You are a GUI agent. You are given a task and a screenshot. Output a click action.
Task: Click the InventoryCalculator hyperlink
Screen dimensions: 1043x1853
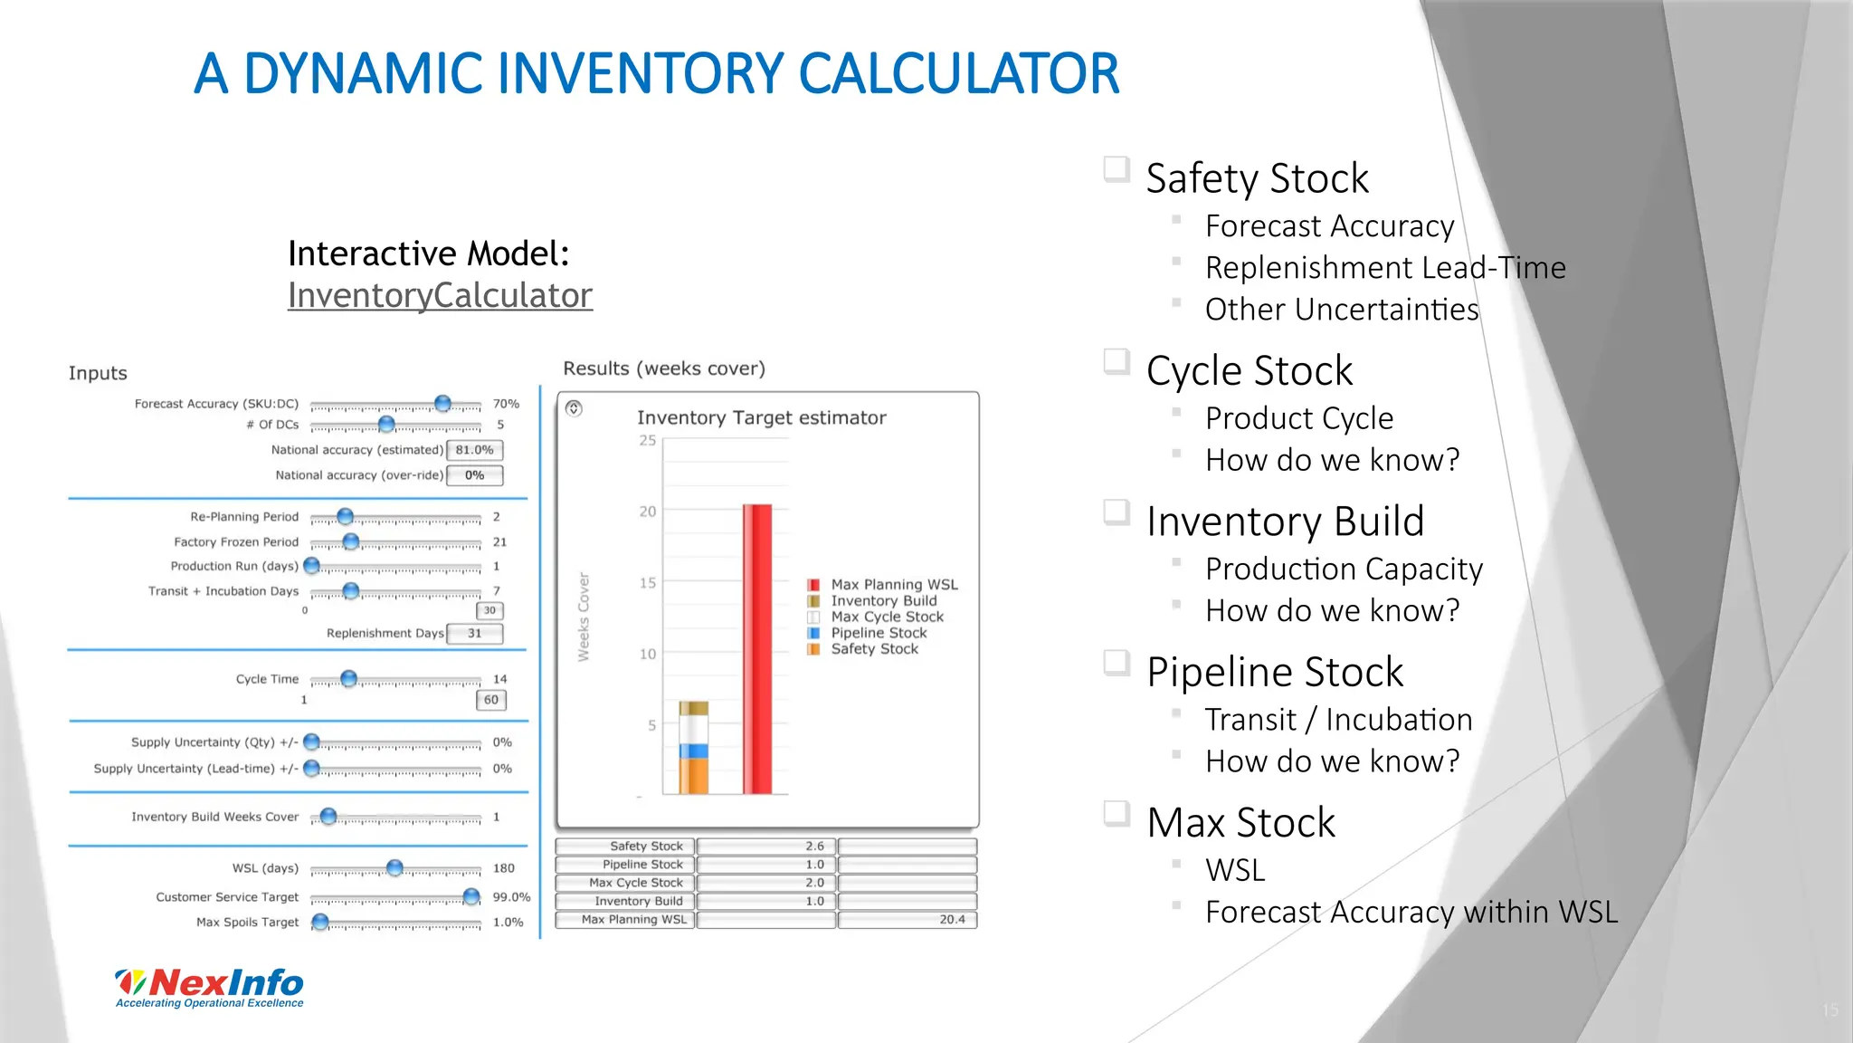440,296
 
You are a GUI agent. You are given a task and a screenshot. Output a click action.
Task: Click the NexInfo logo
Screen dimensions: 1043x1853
210,987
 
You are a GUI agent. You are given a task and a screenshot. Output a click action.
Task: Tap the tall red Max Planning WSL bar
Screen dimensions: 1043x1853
757,648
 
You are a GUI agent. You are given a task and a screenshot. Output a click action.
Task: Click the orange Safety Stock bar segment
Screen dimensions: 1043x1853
693,776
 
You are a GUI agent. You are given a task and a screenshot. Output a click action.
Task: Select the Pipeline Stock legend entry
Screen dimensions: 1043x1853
879,633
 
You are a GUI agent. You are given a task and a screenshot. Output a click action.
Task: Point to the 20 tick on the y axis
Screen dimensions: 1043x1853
648,512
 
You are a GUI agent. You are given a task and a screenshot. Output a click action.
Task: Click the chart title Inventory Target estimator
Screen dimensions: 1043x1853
761,418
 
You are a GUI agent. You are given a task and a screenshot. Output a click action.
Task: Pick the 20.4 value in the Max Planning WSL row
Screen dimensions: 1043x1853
952,920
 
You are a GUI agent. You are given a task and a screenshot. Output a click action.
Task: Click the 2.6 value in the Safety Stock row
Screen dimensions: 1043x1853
814,847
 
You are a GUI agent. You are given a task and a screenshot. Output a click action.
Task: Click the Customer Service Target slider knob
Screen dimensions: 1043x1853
471,896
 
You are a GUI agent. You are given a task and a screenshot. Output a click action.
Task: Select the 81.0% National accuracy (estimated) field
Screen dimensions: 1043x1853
475,450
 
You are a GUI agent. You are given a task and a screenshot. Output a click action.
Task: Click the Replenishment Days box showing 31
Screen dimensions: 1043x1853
475,634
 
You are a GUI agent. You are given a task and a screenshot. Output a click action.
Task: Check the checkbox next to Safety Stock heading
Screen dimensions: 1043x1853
1117,169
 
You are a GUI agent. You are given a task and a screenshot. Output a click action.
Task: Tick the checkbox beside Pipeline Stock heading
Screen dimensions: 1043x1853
1117,663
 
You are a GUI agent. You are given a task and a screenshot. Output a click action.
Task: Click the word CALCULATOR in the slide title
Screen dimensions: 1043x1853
958,74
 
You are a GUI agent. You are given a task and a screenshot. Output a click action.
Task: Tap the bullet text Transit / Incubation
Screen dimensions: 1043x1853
1338,720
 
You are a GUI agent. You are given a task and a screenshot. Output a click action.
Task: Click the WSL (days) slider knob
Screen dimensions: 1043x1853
394,867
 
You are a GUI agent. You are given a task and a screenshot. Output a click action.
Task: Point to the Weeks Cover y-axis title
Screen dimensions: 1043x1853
584,617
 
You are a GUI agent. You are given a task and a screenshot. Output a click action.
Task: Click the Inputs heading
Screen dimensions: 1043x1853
98,374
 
